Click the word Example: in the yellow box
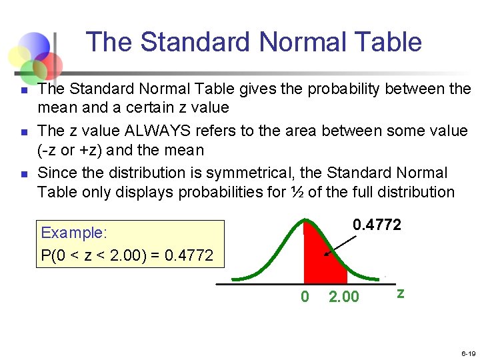pos(74,233)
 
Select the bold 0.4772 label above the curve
pos(377,225)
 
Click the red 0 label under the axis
pos(305,297)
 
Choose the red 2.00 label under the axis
pos(344,297)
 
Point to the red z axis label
pos(400,293)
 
